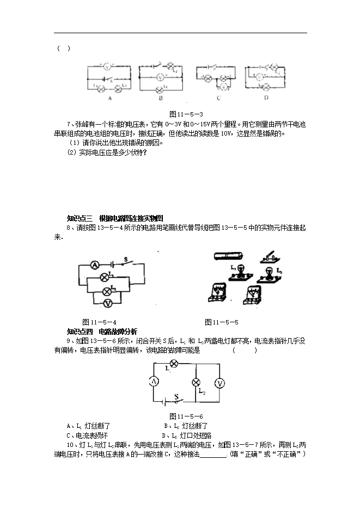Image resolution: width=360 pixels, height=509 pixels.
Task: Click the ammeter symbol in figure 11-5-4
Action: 93,265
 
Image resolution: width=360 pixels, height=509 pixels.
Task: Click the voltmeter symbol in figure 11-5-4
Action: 107,303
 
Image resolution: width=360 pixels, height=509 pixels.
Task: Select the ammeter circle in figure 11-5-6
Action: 154,382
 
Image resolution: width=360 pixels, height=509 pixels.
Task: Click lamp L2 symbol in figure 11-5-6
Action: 197,383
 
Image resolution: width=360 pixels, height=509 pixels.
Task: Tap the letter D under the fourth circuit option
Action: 266,98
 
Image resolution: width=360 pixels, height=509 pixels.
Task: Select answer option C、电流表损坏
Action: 87,436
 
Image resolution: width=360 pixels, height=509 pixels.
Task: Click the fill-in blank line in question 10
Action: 213,455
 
